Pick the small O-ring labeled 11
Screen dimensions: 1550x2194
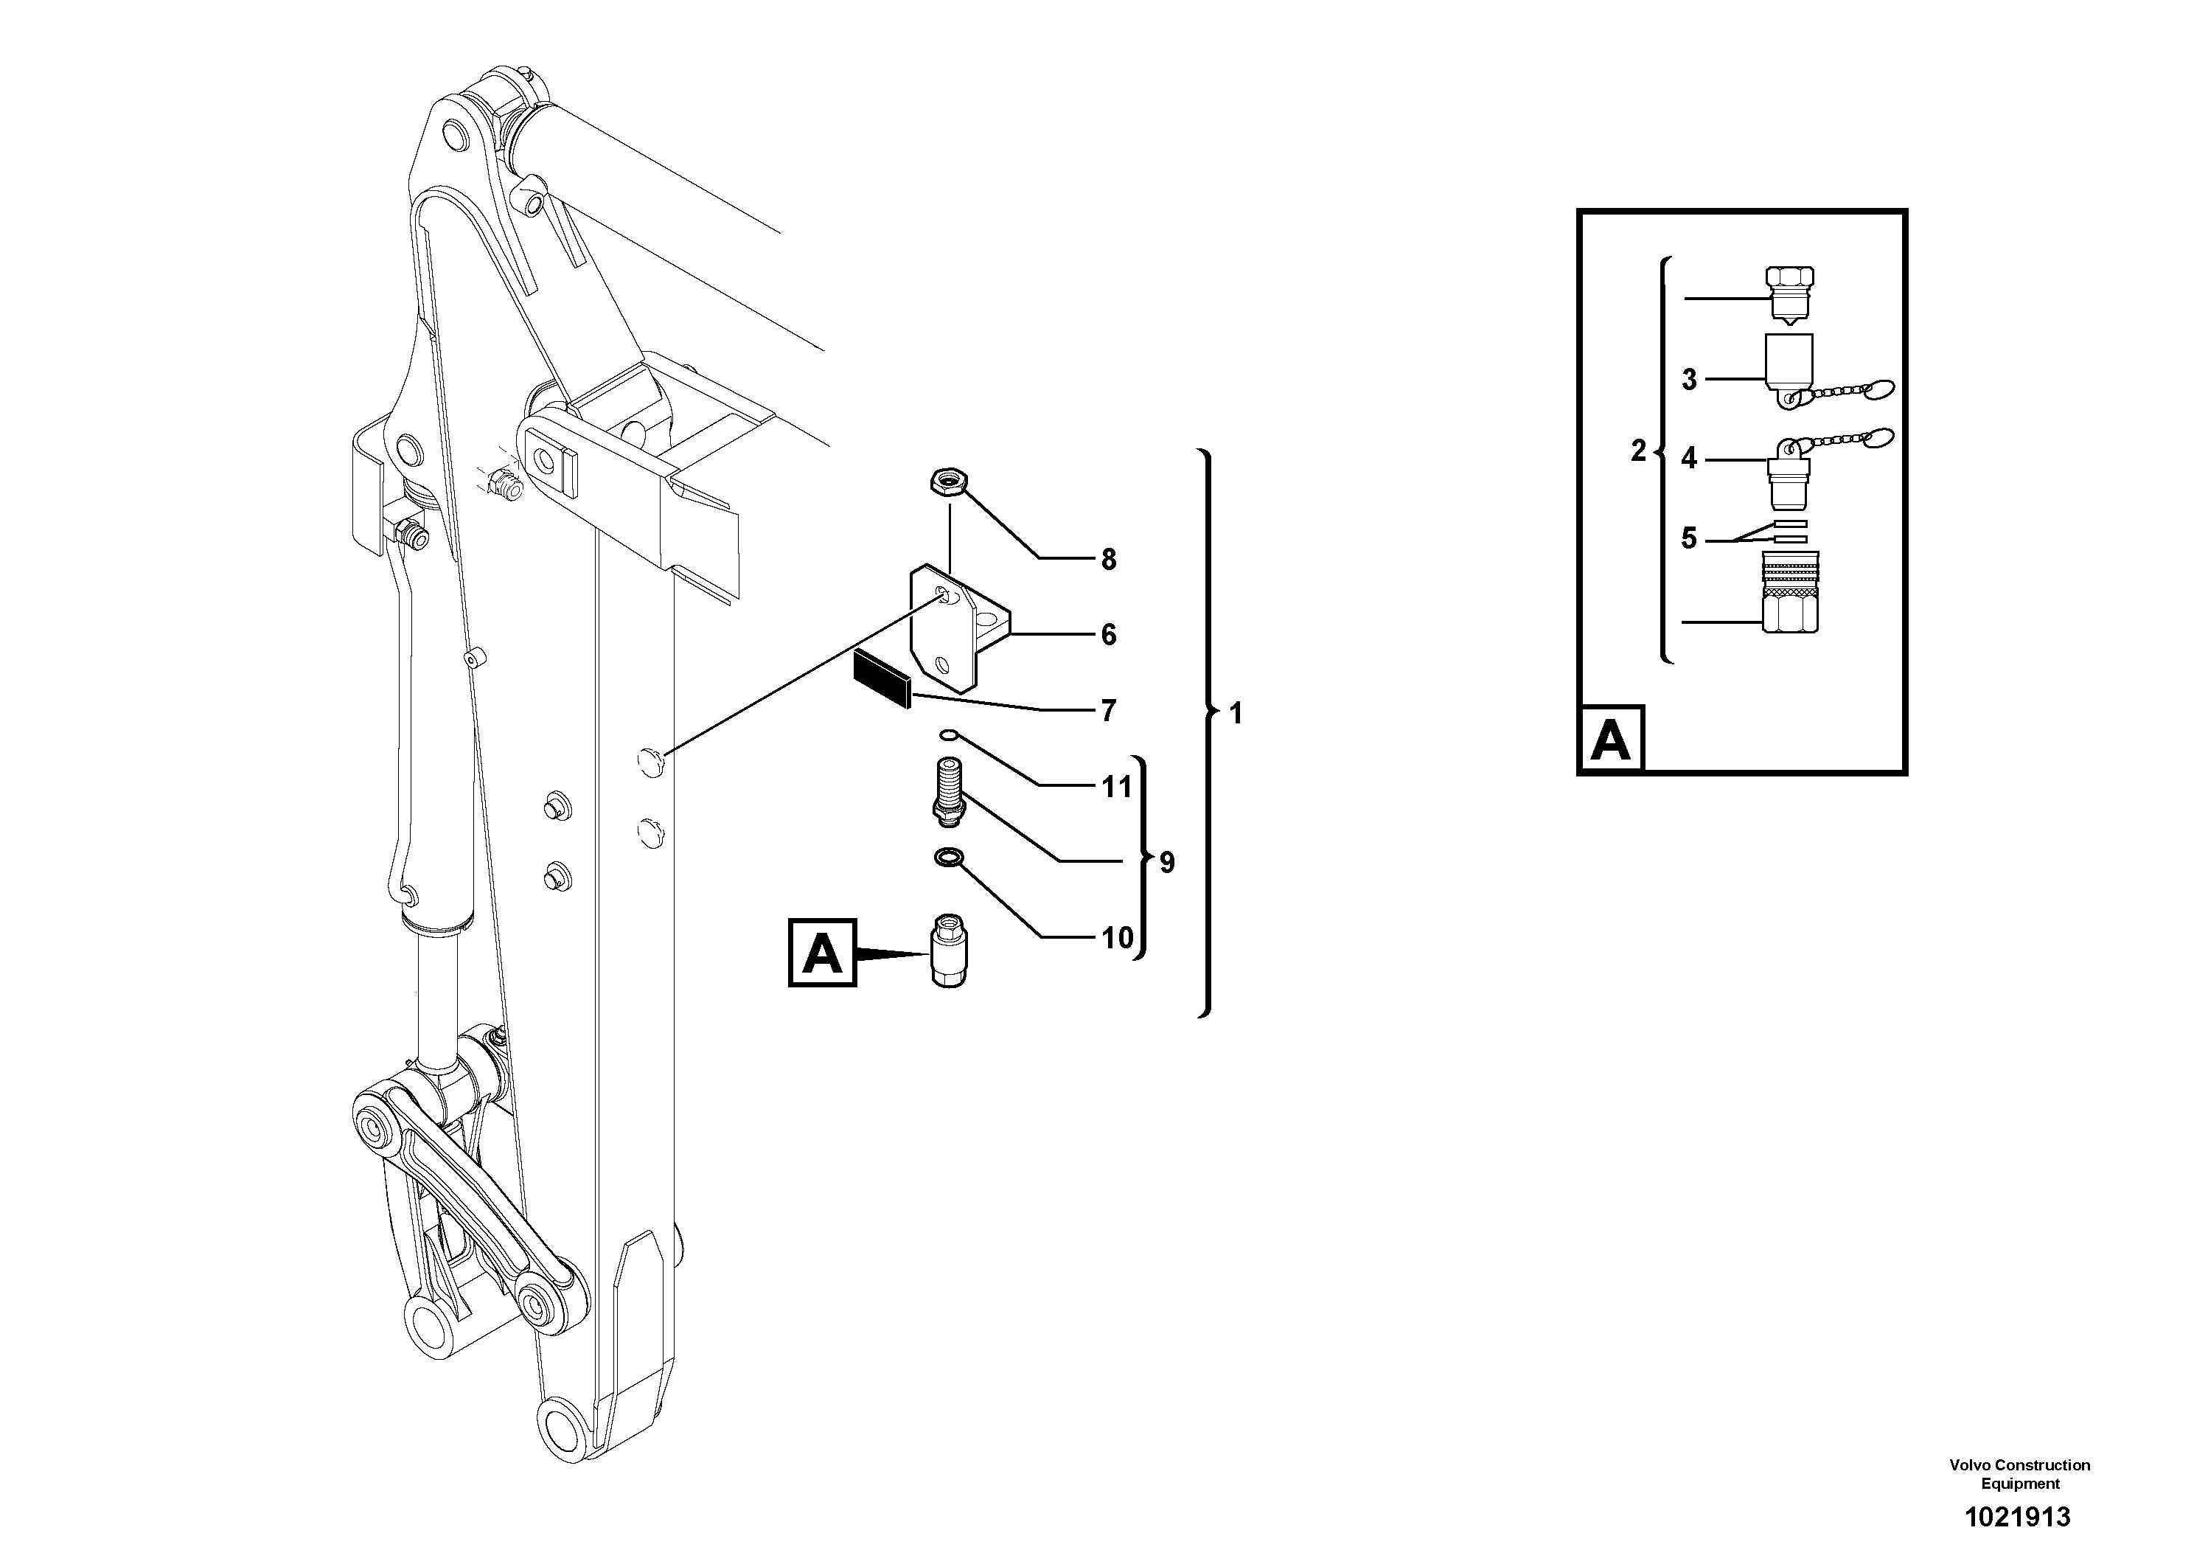tap(947, 735)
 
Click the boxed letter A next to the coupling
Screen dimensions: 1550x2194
tap(823, 953)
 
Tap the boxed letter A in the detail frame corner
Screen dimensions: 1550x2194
tap(1611, 739)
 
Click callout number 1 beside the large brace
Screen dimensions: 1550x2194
tap(1236, 714)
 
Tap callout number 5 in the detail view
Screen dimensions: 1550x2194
tap(1688, 539)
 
